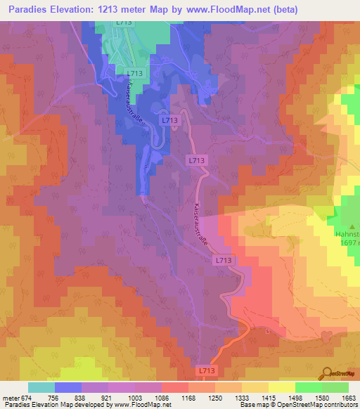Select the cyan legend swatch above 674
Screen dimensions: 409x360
[x=41, y=387]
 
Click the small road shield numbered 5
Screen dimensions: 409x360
[x=268, y=330]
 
